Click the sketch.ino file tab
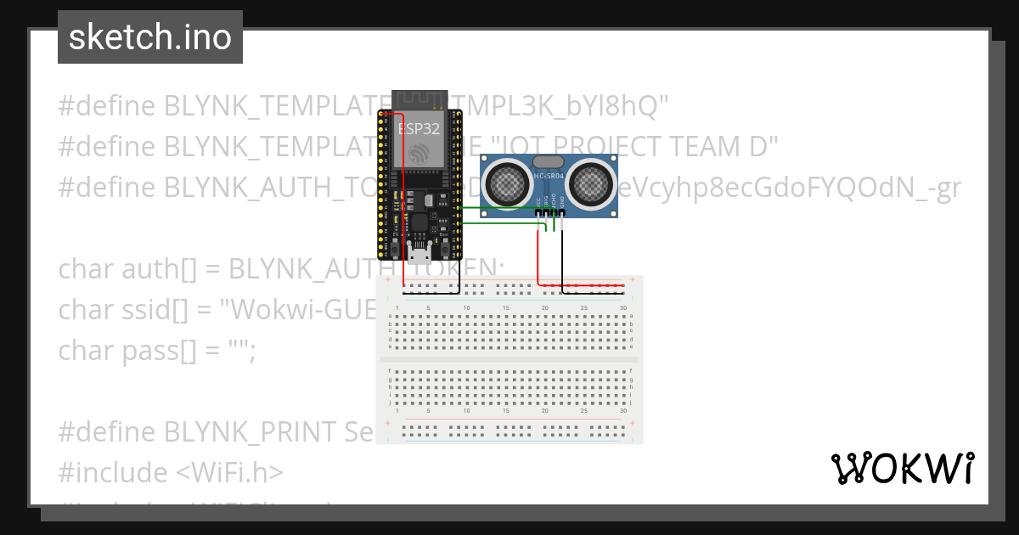pyautogui.click(x=150, y=37)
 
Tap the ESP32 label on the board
pyautogui.click(x=419, y=129)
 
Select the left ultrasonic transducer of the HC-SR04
pyautogui.click(x=507, y=181)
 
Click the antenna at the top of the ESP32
pyautogui.click(x=419, y=101)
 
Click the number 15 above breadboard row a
pyautogui.click(x=506, y=307)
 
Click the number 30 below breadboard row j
pyautogui.click(x=623, y=410)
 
